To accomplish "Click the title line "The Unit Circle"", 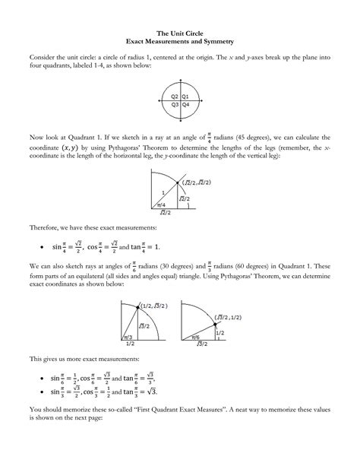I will click(180, 33).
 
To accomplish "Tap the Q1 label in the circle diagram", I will click(185, 97).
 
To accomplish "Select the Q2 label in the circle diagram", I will click(175, 97).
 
